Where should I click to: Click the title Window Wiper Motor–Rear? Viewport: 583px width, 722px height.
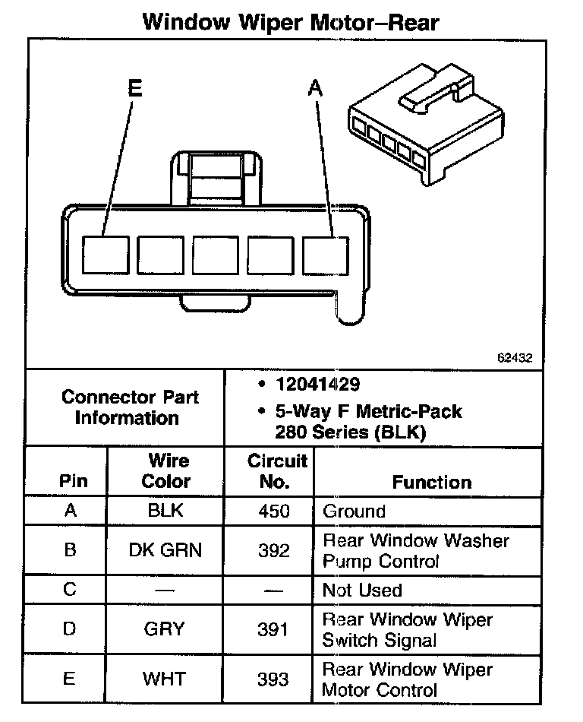coord(291,22)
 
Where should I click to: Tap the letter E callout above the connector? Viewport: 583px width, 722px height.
coord(135,89)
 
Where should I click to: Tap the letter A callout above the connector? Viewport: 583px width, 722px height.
coord(315,90)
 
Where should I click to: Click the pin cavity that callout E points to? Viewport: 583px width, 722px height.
coord(106,254)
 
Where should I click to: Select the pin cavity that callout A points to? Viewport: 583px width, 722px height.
coord(326,255)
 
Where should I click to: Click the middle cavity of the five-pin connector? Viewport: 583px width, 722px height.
coord(216,255)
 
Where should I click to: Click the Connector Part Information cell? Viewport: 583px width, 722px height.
coord(131,407)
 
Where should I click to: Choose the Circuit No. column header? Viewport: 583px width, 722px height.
coord(277,471)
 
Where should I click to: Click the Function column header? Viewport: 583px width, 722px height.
coord(431,482)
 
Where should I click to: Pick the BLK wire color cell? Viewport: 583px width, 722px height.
coord(166,511)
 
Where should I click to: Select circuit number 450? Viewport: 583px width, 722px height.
coord(274,511)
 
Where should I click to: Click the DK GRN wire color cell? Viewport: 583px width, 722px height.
coord(166,550)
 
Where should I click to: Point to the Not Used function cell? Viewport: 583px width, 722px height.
coord(363,590)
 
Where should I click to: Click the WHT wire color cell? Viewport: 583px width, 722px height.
coord(166,679)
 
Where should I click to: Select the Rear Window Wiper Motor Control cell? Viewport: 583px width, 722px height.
coord(407,679)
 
